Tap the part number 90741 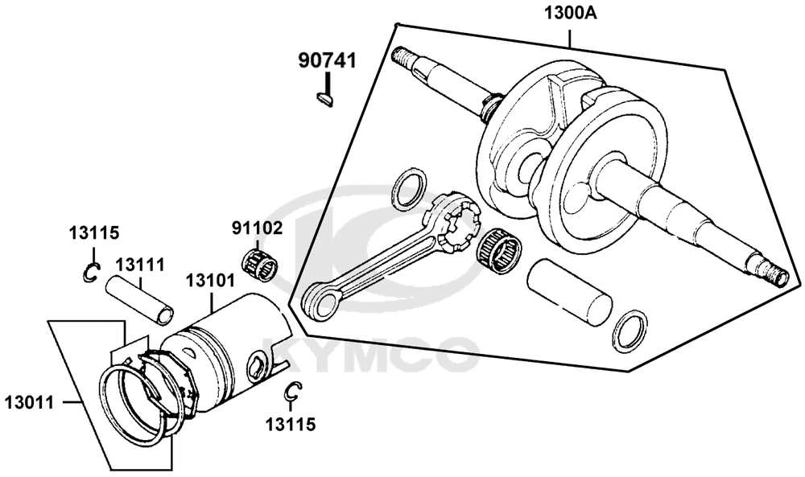point(328,61)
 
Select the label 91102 point(258,228)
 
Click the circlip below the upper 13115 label point(92,273)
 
